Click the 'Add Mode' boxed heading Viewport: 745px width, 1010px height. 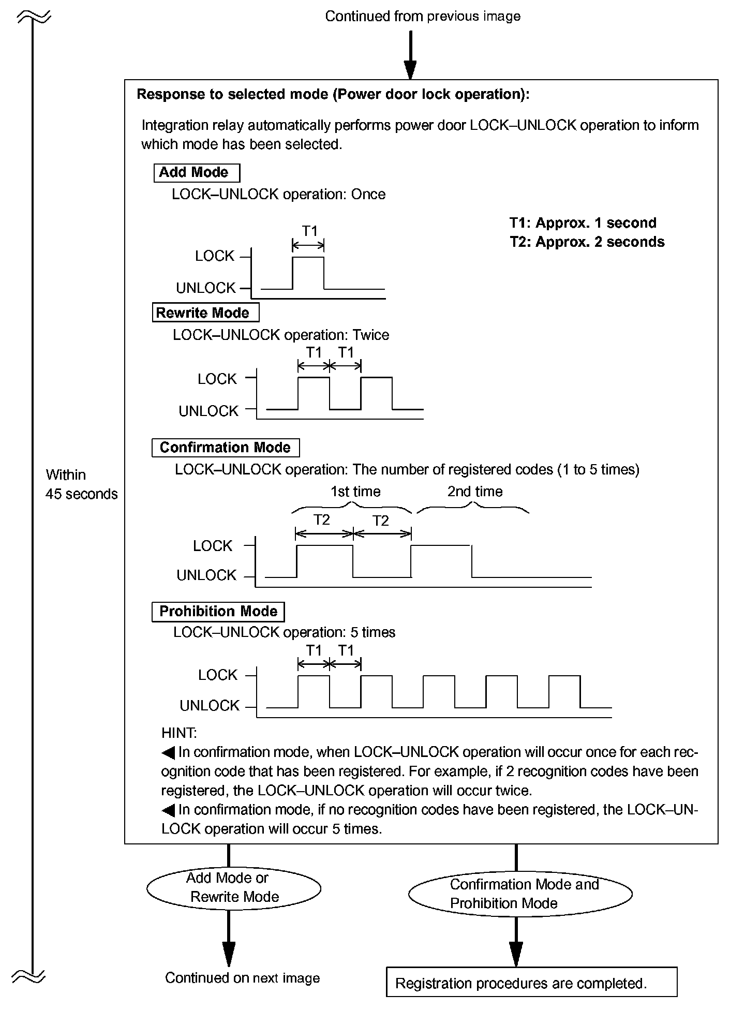pyautogui.click(x=197, y=173)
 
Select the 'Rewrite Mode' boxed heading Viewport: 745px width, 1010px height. pyautogui.click(x=205, y=313)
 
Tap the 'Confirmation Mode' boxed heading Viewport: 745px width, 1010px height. pyautogui.click(x=226, y=448)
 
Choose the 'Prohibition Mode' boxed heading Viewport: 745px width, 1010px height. pyautogui.click(x=218, y=612)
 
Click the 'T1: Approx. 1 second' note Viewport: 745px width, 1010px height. pyautogui.click(x=583, y=223)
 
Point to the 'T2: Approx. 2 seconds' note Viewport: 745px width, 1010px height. pyautogui.click(x=587, y=242)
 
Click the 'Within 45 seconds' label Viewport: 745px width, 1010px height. pyautogui.click(x=81, y=484)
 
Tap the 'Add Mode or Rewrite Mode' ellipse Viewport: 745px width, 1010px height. pyautogui.click(x=234, y=887)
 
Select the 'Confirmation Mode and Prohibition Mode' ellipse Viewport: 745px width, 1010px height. pyautogui.click(x=520, y=894)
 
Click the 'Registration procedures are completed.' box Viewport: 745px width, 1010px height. pyautogui.click(x=531, y=983)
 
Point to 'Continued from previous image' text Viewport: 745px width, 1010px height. pyautogui.click(x=423, y=17)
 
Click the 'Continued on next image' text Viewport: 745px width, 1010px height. pyautogui.click(x=242, y=978)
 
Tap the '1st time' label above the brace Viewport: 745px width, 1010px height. pyautogui.click(x=355, y=492)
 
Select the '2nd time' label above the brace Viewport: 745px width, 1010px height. pyautogui.click(x=475, y=492)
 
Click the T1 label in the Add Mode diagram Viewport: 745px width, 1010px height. pyautogui.click(x=309, y=231)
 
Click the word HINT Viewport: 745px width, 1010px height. pyautogui.click(x=178, y=733)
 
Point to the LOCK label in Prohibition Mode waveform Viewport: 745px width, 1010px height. pyautogui.click(x=218, y=675)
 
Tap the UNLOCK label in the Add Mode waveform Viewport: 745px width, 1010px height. pyautogui.click(x=206, y=288)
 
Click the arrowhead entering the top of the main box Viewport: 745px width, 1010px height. pyautogui.click(x=410, y=70)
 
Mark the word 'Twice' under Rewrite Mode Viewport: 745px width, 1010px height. pyautogui.click(x=370, y=335)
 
